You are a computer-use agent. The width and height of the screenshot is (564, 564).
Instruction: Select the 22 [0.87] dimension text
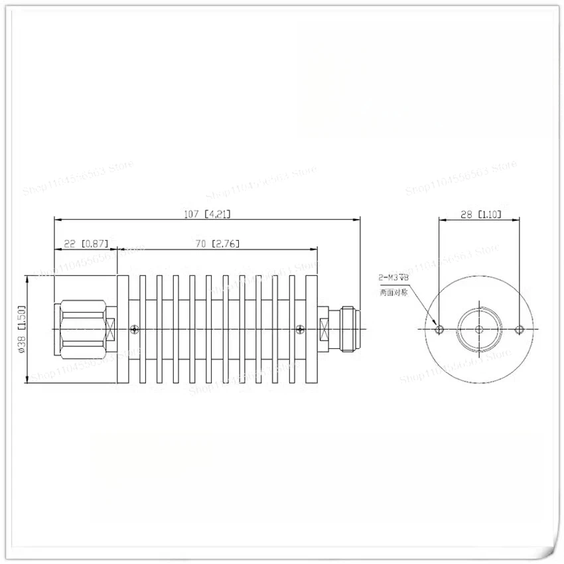[x=86, y=244]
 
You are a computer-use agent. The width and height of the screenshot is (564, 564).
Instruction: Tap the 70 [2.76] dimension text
[x=217, y=244]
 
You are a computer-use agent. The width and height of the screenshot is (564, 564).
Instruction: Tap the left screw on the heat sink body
[x=135, y=329]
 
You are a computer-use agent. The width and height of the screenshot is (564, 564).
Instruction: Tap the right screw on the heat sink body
[x=301, y=329]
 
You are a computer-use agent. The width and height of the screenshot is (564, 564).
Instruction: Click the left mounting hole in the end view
[x=438, y=329]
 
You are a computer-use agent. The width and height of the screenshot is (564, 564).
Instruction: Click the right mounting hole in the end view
[x=520, y=329]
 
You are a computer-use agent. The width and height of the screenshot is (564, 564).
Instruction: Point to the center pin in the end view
[x=479, y=329]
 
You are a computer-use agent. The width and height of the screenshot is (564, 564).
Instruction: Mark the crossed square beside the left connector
[x=109, y=329]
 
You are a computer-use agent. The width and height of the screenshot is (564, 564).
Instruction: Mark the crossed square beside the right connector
[x=325, y=329]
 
